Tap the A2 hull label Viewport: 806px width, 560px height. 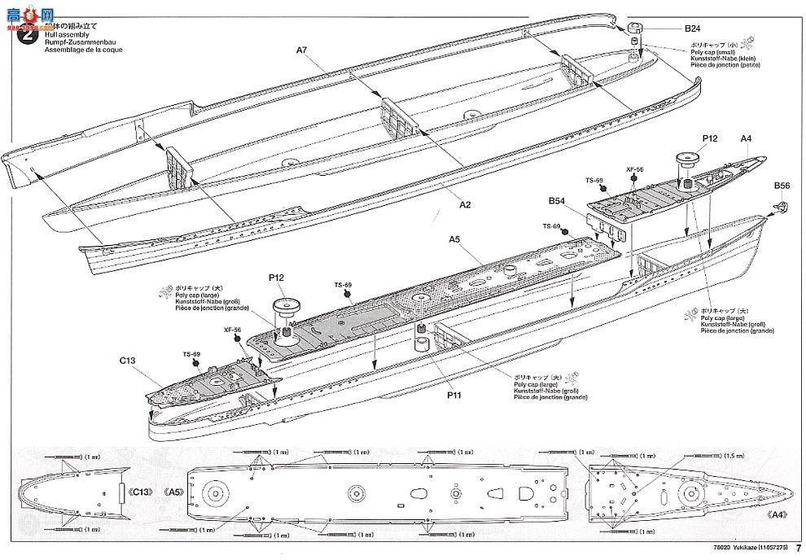point(465,205)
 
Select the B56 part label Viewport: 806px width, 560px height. point(782,186)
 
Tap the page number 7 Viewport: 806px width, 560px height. point(799,548)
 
